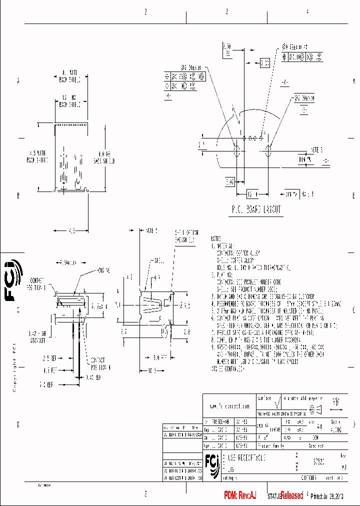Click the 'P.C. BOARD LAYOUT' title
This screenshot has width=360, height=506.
[x=256, y=209]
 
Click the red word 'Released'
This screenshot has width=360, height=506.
[x=291, y=495]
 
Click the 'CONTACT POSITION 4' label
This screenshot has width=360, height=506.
[x=99, y=362]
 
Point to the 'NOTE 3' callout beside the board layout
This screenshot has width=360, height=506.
[x=316, y=149]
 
